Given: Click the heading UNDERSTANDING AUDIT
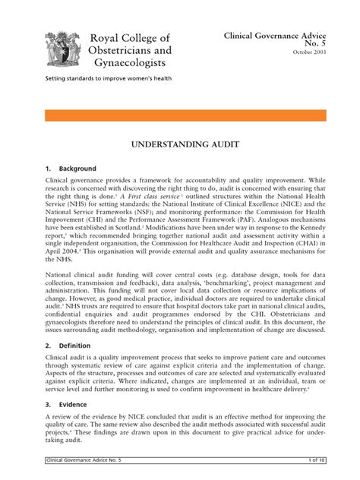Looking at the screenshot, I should point(180,143).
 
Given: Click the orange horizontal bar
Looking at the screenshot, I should point(180,115).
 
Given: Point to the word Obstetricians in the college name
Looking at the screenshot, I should point(131,51).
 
